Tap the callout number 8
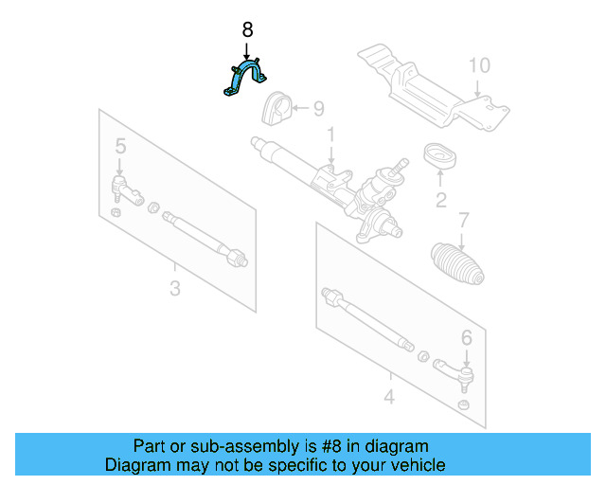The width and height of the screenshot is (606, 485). click(x=248, y=29)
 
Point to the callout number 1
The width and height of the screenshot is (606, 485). click(x=331, y=136)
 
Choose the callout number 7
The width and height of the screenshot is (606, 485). click(x=463, y=222)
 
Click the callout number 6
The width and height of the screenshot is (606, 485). click(x=466, y=336)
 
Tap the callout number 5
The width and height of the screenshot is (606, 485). click(x=120, y=146)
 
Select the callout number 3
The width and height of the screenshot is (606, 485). click(x=174, y=287)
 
